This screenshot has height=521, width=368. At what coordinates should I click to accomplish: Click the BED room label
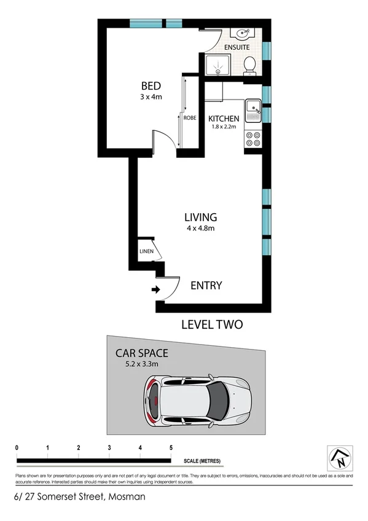(x=151, y=85)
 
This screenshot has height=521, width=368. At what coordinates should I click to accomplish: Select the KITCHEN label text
(x=224, y=119)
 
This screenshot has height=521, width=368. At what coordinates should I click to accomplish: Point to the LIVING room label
(x=201, y=217)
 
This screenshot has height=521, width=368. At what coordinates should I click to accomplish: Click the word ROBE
(x=189, y=117)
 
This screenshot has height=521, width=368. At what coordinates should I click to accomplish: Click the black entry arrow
(x=155, y=289)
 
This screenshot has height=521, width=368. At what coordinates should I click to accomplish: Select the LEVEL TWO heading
(x=212, y=324)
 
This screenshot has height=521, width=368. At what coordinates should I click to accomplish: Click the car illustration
(x=197, y=402)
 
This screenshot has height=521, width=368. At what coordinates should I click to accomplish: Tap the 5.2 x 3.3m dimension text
(x=142, y=364)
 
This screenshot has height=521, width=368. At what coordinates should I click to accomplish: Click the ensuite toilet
(x=249, y=64)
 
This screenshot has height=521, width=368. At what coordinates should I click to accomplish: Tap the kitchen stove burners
(x=252, y=139)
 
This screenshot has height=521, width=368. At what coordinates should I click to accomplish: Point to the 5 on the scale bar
(x=171, y=447)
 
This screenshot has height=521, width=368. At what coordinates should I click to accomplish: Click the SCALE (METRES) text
(x=202, y=461)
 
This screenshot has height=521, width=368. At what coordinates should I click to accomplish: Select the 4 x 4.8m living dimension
(x=201, y=228)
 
